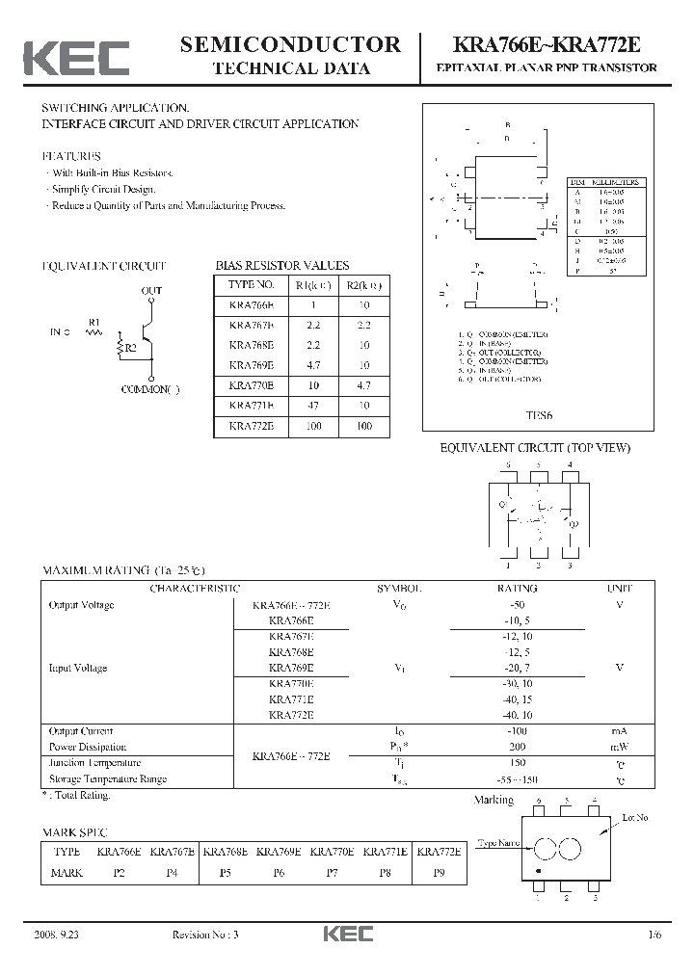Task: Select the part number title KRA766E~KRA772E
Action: coord(546,44)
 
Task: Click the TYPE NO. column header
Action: coord(252,285)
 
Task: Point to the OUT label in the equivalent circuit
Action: coord(152,290)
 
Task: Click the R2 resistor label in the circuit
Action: coord(129,348)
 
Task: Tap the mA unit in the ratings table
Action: coord(619,731)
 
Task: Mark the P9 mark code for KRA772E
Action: coord(439,872)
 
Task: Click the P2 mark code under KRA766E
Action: coord(120,872)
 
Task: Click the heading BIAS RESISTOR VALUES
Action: coord(281,265)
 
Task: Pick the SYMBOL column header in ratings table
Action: coord(398,588)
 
